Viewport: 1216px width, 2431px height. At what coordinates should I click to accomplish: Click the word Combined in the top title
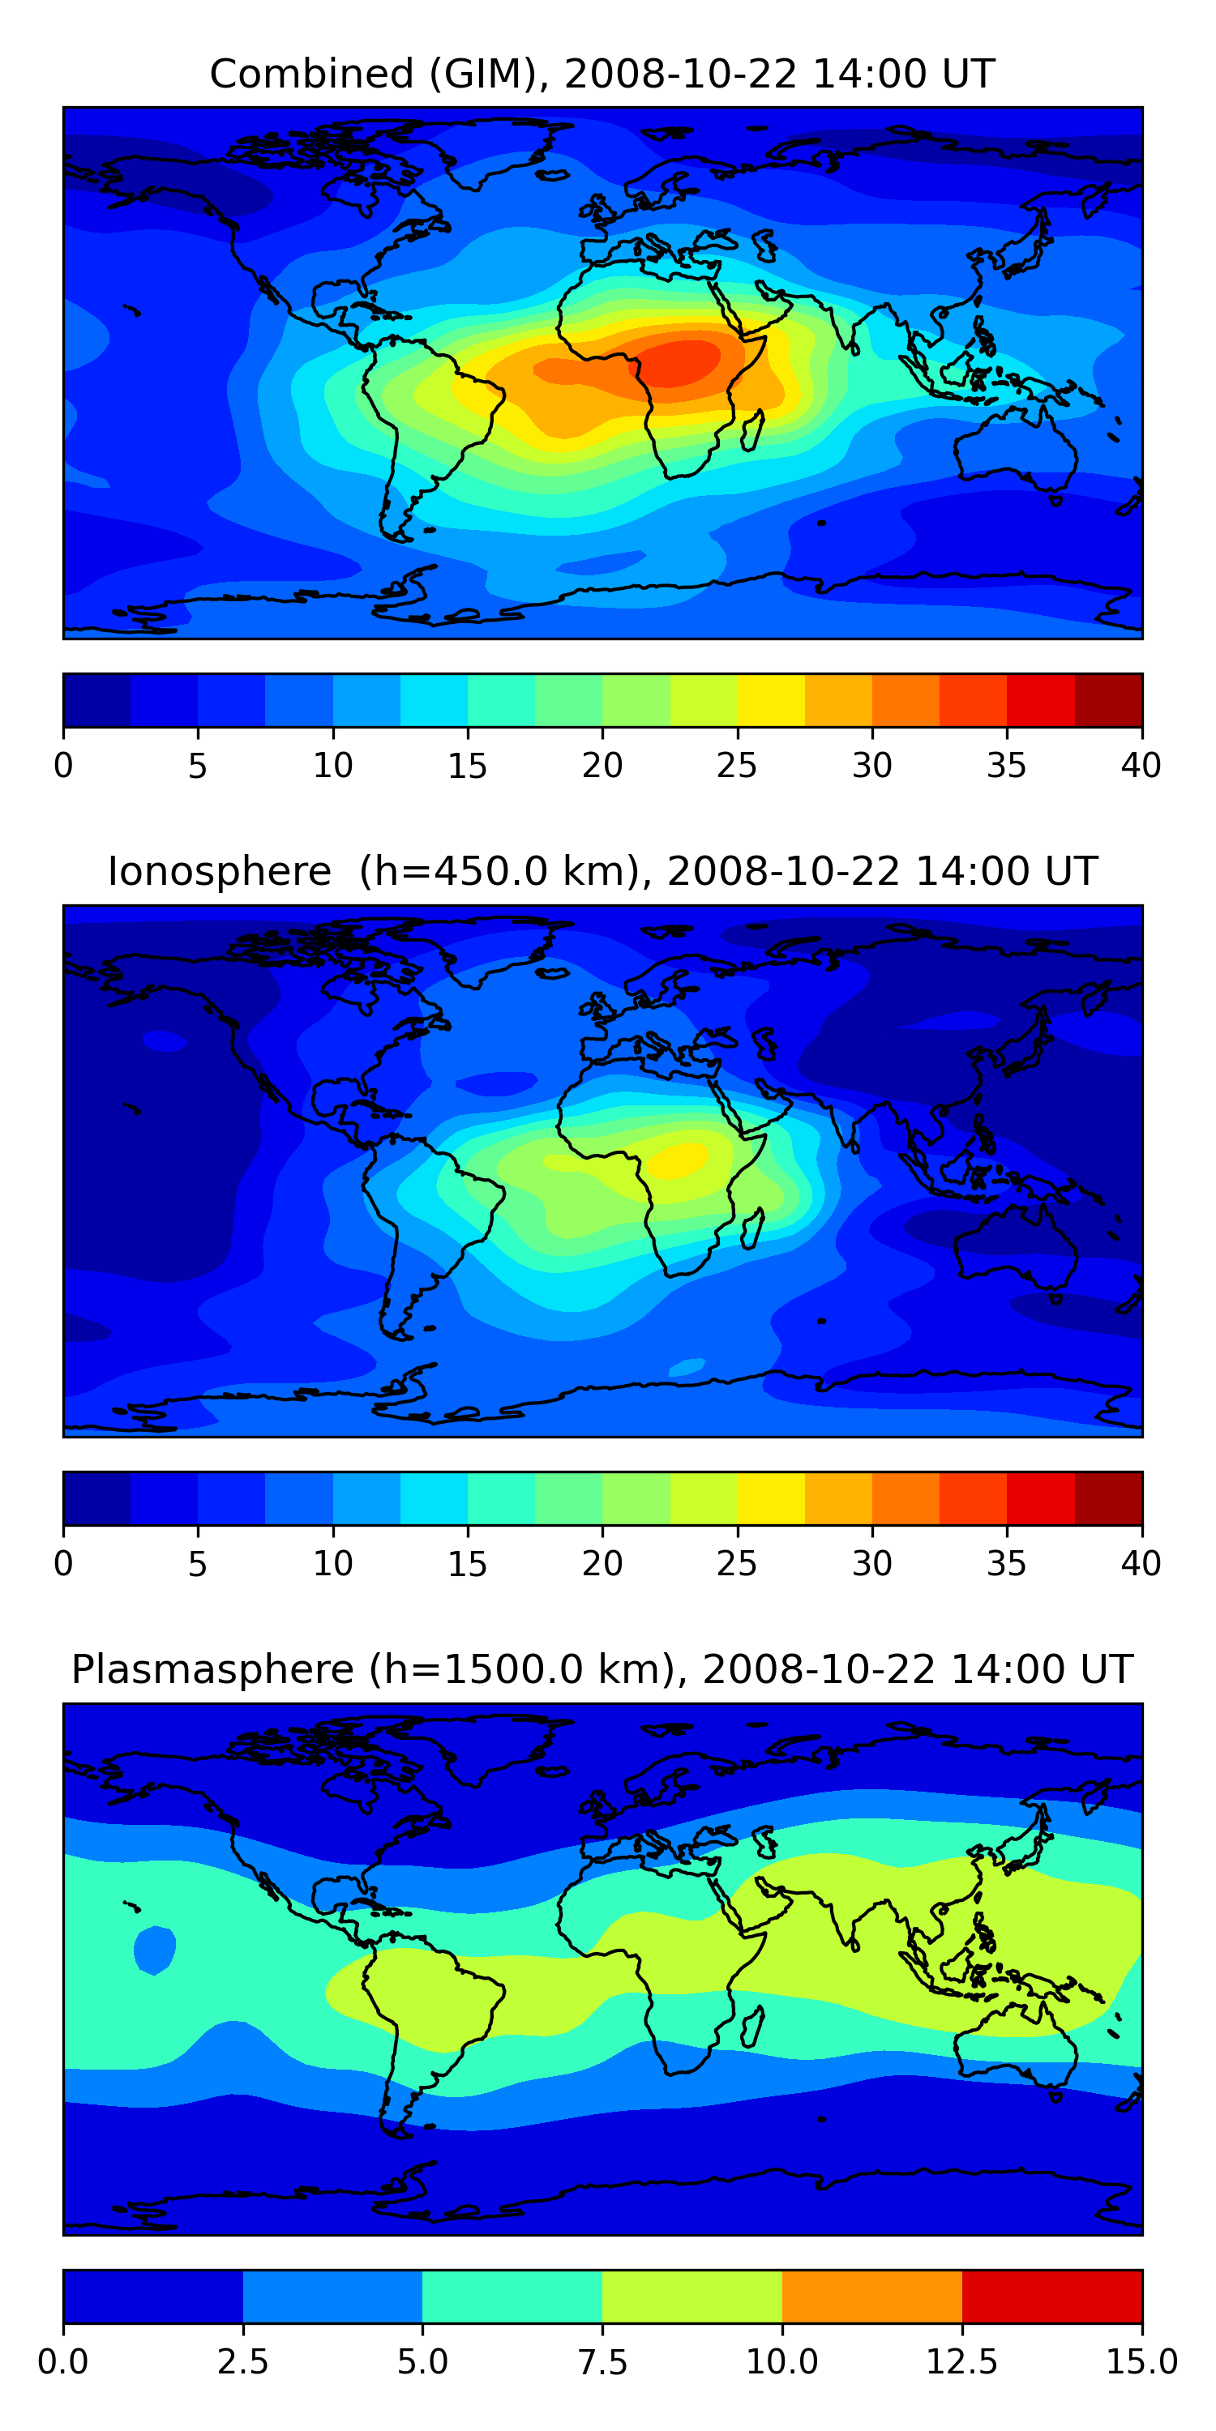[311, 74]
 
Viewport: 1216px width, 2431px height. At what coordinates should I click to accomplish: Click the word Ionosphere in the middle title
[219, 871]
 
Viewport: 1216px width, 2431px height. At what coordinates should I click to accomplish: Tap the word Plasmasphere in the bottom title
[212, 1669]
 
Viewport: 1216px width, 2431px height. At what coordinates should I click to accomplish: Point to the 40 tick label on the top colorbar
[1141, 765]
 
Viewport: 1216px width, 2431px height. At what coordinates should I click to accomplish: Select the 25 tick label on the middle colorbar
[736, 1564]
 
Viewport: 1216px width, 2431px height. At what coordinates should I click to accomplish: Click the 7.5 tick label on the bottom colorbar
[602, 2362]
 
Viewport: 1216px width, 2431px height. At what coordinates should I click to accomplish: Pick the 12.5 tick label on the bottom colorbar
[961, 2362]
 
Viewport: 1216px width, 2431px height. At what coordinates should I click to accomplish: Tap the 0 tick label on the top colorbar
[63, 765]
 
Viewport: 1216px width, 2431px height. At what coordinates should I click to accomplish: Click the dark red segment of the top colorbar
[1108, 700]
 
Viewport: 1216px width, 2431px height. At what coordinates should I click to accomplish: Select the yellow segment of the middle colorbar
[770, 1497]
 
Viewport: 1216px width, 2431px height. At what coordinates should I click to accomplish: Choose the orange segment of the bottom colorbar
[871, 2296]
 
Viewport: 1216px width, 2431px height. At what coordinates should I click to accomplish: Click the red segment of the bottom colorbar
[1051, 2296]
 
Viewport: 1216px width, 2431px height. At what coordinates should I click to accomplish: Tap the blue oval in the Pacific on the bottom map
[155, 1950]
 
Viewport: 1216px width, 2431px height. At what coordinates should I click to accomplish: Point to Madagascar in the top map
[752, 430]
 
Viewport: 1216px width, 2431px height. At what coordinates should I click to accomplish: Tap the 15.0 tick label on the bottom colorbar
[1141, 2362]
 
